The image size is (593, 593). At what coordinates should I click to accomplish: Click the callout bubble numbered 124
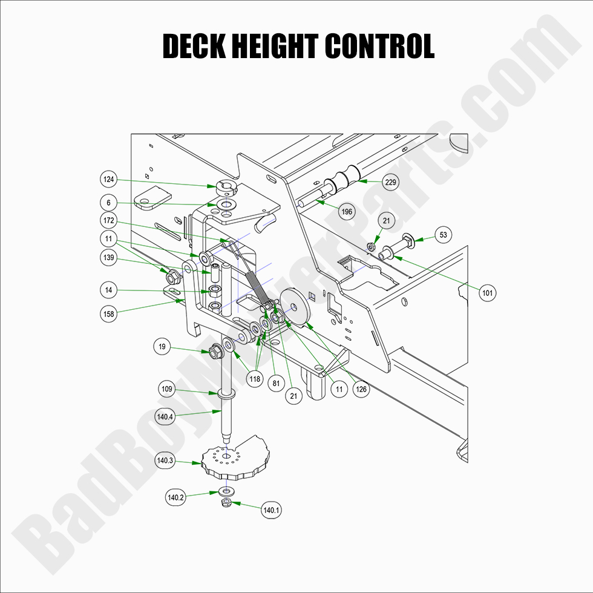109,179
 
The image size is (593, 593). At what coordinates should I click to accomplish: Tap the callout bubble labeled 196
347,212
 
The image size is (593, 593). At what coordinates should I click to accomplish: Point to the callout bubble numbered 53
444,235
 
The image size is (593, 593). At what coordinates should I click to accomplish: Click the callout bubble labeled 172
109,221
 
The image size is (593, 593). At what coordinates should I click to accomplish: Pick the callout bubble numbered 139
109,258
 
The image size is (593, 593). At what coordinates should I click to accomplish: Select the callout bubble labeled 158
109,314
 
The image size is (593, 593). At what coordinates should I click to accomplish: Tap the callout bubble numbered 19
162,347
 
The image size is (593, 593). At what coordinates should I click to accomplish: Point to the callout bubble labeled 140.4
165,416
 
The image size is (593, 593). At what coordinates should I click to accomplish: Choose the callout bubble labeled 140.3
165,460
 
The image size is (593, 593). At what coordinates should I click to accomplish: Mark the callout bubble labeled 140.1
271,510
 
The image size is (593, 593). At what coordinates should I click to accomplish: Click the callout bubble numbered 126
361,390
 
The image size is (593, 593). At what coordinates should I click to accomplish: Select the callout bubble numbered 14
109,290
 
